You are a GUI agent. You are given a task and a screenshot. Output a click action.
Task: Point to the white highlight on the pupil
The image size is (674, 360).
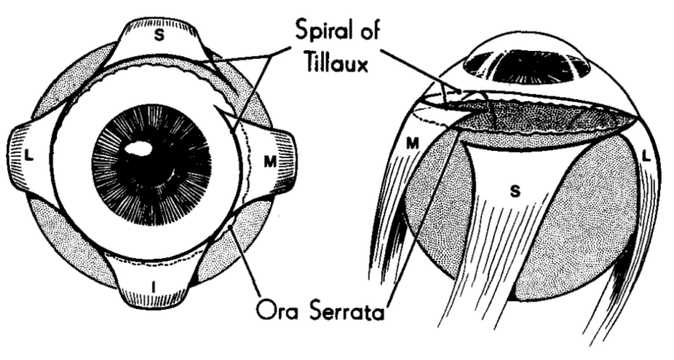(x=140, y=151)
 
